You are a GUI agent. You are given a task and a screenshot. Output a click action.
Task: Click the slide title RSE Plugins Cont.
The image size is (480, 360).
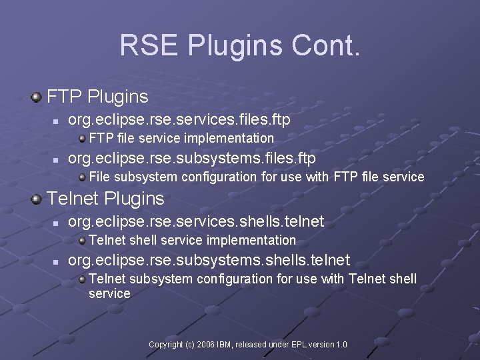click(240, 45)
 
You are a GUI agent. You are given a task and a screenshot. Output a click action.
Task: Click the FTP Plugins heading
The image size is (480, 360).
click(97, 97)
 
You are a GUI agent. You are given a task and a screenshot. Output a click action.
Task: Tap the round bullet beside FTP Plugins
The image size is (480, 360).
click(36, 97)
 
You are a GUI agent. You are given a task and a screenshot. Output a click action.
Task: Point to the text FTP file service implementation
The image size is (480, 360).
click(181, 139)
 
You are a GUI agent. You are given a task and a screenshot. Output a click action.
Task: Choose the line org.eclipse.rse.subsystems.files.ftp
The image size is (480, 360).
click(192, 158)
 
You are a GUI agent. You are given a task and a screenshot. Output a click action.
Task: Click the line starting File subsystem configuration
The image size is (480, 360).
click(256, 177)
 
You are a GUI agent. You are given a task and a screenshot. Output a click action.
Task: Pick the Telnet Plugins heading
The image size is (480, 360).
click(106, 199)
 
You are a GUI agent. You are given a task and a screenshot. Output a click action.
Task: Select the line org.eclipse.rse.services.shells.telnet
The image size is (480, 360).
click(197, 221)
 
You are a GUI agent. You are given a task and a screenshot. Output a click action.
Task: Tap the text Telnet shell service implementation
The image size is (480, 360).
click(192, 240)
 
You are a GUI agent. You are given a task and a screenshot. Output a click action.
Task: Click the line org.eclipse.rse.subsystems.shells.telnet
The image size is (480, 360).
click(208, 260)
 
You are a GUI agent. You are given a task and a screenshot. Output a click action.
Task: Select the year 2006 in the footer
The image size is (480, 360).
click(206, 344)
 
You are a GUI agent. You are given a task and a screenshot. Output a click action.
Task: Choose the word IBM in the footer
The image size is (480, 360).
click(225, 344)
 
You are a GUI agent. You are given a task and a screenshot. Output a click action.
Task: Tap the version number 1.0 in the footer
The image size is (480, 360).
click(341, 344)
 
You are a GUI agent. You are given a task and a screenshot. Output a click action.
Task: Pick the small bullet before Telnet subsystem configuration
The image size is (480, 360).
click(82, 279)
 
